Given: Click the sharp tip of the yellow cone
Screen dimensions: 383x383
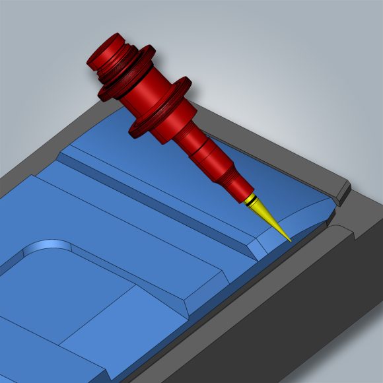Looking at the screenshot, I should (289, 240).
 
